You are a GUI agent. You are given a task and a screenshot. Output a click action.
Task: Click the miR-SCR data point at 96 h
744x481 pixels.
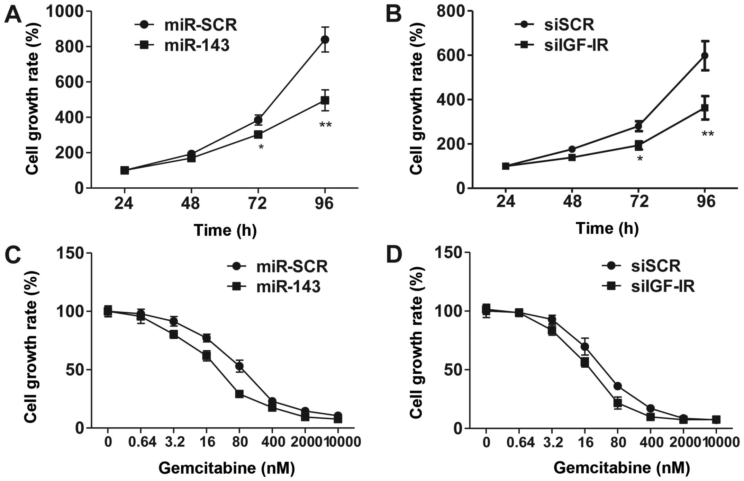[325, 39]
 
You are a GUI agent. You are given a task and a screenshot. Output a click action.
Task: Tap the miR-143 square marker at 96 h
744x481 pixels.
[325, 100]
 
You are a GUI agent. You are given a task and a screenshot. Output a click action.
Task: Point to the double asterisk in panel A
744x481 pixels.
[325, 125]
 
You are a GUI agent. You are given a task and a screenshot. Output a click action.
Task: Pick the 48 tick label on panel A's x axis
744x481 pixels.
[191, 203]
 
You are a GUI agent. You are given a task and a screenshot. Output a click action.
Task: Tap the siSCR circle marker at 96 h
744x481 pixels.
[705, 55]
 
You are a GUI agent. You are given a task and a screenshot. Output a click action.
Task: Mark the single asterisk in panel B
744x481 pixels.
[640, 159]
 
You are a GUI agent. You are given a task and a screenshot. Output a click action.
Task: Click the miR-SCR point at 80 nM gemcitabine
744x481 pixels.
[239, 366]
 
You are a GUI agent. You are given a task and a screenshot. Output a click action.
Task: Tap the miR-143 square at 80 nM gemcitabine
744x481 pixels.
[239, 394]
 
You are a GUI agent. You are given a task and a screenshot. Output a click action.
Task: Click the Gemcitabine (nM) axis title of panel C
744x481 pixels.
[227, 468]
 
